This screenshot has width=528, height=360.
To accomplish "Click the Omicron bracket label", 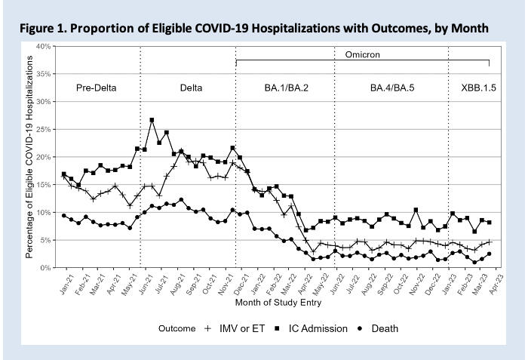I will (x=363, y=54).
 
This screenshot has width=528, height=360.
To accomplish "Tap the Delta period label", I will (x=191, y=88).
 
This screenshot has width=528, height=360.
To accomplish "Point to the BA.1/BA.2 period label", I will (x=286, y=88).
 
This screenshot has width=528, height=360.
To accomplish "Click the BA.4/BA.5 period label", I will (x=391, y=88).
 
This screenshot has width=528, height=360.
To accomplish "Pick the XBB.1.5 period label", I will (x=479, y=88).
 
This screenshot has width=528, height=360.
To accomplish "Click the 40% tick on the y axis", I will (x=43, y=47).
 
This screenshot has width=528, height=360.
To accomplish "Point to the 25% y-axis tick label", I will (x=43, y=130).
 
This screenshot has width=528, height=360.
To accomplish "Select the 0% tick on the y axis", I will (x=45, y=268).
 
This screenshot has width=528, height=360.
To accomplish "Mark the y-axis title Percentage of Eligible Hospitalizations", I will (x=31, y=157).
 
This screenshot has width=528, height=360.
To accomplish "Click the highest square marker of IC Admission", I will (x=152, y=120).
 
